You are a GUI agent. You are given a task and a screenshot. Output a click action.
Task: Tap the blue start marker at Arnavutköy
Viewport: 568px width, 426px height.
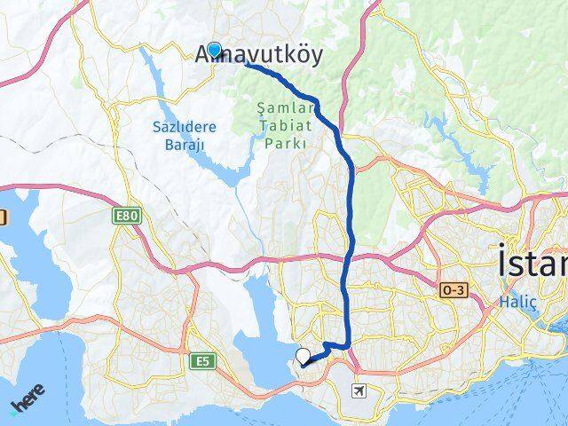(214, 50)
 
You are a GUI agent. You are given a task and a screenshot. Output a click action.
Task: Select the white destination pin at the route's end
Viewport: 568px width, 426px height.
(304, 358)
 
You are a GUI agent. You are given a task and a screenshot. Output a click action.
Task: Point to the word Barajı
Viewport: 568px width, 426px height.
(185, 144)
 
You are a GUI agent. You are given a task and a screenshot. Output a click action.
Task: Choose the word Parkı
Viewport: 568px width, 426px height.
(284, 142)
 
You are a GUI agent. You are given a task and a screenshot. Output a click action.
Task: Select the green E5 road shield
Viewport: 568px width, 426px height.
(203, 360)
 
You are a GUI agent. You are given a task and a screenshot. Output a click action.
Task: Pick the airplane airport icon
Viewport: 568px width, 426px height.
(359, 390)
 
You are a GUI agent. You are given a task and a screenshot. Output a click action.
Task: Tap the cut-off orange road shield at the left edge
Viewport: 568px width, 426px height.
(3, 217)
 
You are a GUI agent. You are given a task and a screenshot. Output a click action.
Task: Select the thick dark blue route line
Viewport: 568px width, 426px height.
(350, 204)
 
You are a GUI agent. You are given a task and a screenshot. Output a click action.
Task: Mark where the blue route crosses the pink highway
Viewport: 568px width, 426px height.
(352, 256)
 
